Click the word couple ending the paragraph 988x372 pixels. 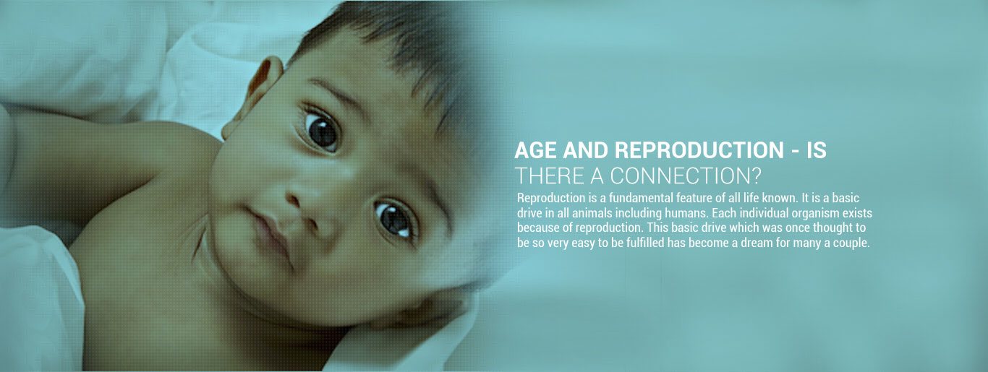coord(851,243)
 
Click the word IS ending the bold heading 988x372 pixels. coord(817,150)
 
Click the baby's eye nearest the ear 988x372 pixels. coord(320,130)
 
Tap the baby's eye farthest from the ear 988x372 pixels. coord(395,218)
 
